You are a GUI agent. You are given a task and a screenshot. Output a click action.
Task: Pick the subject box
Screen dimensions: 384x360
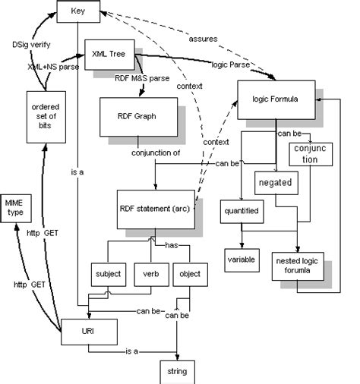[x=108, y=274]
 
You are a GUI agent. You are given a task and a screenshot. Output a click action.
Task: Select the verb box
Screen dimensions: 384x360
[x=150, y=274]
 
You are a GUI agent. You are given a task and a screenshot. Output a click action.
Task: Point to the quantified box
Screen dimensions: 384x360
[x=242, y=212]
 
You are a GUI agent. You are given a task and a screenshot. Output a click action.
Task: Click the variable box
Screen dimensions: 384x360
[x=244, y=258]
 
